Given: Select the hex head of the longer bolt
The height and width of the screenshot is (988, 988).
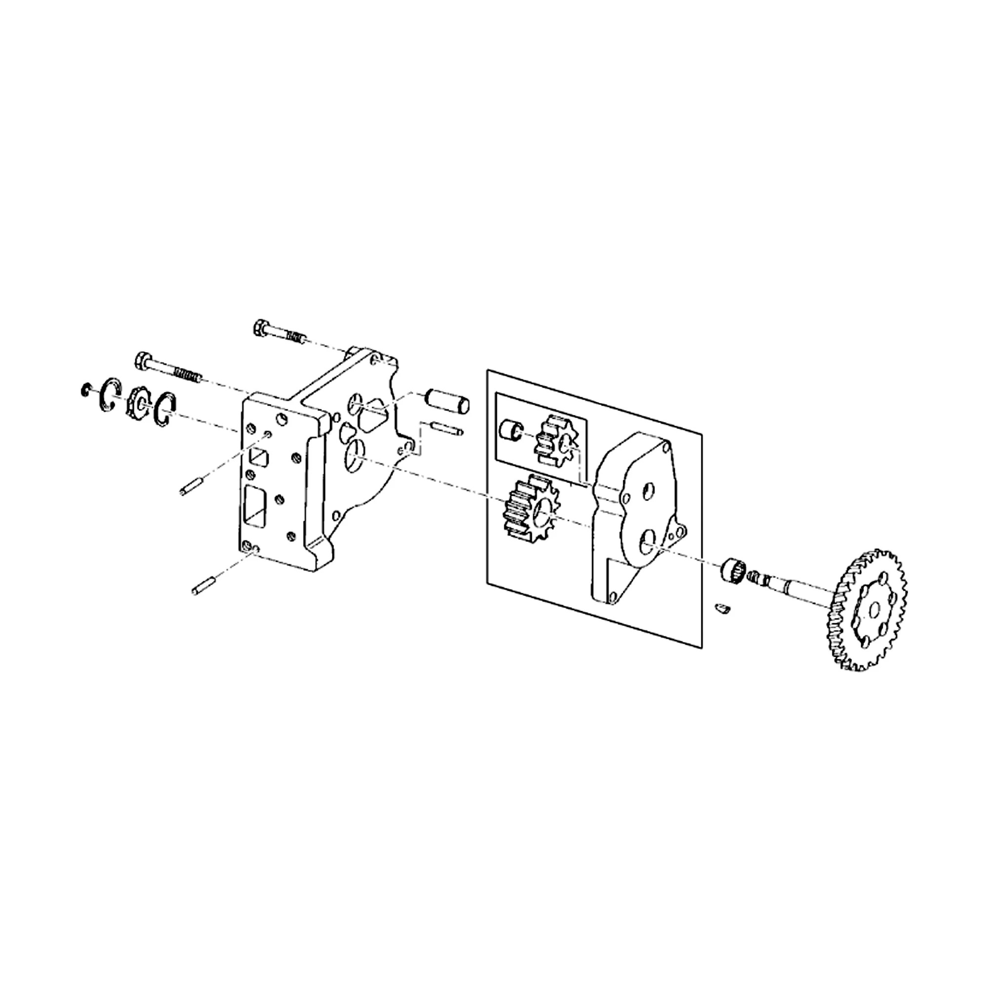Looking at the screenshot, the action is [x=143, y=361].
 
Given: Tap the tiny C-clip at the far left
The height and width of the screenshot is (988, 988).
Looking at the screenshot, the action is [x=85, y=391].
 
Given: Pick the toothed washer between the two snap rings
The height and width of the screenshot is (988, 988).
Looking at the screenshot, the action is [x=137, y=402].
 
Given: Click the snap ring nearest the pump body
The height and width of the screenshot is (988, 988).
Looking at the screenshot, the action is [x=165, y=409].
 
